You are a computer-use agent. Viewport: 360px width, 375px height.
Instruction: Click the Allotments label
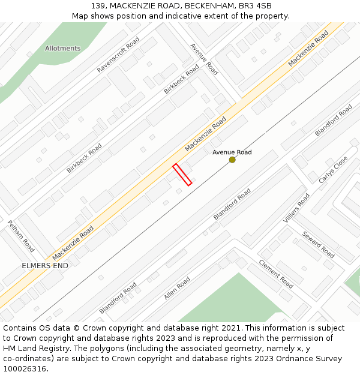click(62, 48)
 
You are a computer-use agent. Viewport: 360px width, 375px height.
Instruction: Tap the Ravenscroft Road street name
click(118, 55)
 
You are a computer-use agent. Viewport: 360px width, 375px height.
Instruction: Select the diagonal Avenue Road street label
click(204, 59)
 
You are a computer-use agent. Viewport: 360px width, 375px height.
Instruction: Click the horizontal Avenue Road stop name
click(232, 152)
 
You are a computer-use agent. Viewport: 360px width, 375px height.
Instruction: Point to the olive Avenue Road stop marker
click(232, 160)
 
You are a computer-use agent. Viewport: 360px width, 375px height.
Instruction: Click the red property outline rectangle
click(182, 175)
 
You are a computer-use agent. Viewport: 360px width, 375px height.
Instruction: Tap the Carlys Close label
click(333, 170)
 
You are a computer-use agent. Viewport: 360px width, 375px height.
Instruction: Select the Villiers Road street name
click(296, 208)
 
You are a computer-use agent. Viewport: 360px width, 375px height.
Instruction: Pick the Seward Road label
click(318, 245)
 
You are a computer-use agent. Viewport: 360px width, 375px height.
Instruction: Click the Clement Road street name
click(275, 274)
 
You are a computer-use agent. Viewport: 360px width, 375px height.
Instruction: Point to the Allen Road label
click(177, 288)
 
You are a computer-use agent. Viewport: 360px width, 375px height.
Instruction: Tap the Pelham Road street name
click(21, 236)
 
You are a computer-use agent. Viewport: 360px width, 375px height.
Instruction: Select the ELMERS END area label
click(45, 265)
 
